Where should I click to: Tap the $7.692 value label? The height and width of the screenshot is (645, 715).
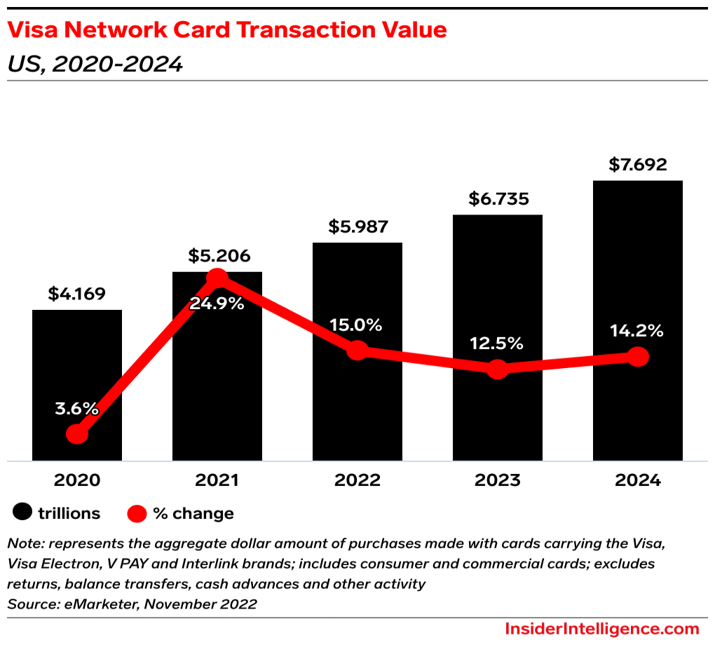(x=638, y=165)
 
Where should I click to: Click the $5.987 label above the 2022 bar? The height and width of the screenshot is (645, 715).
(x=358, y=227)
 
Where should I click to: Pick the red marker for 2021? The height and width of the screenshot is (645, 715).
(x=217, y=278)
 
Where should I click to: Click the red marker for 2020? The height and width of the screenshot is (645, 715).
(x=77, y=435)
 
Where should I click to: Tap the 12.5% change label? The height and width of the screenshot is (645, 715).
(x=498, y=344)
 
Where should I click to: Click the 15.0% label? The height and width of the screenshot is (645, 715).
(x=357, y=325)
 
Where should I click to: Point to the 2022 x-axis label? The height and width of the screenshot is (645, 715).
(x=357, y=480)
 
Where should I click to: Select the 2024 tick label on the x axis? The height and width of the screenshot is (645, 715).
(x=638, y=480)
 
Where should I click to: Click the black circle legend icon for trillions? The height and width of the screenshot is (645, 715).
(x=23, y=513)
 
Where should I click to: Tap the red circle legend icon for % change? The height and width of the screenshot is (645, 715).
(x=137, y=514)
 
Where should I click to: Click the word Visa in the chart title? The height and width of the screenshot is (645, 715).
(x=34, y=30)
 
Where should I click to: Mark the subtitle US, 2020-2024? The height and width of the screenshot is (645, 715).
(x=95, y=64)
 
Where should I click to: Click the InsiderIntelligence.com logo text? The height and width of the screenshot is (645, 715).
(x=601, y=628)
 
